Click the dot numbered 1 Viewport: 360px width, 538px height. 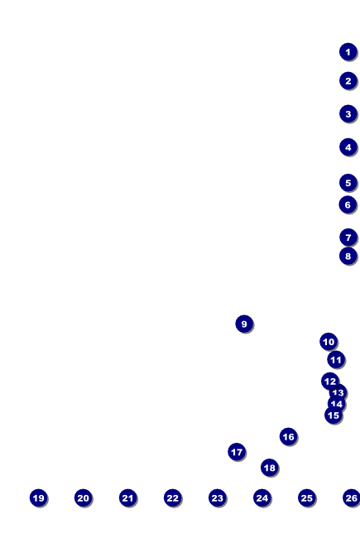click(348, 52)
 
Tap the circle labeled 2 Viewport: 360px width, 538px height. click(348, 81)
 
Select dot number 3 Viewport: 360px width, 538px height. click(348, 114)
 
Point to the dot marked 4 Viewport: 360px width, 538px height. click(348, 147)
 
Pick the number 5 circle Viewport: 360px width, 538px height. click(348, 183)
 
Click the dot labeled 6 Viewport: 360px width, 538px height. click(348, 204)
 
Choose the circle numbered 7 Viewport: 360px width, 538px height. click(348, 237)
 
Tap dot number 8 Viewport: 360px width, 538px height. click(348, 256)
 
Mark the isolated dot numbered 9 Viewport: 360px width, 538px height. click(244, 324)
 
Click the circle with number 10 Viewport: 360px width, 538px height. click(329, 341)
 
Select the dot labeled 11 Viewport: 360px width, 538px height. click(336, 359)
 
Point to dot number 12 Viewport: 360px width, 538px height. click(330, 382)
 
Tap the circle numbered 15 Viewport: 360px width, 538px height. click(334, 416)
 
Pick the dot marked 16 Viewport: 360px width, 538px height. click(288, 436)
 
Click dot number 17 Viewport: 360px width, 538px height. click(237, 452)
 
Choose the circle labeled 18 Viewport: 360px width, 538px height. click(270, 468)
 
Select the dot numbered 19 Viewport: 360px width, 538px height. click(38, 497)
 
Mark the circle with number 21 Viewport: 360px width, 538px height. click(127, 497)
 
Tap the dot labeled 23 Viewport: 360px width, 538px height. click(217, 497)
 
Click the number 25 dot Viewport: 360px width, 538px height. click(306, 497)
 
